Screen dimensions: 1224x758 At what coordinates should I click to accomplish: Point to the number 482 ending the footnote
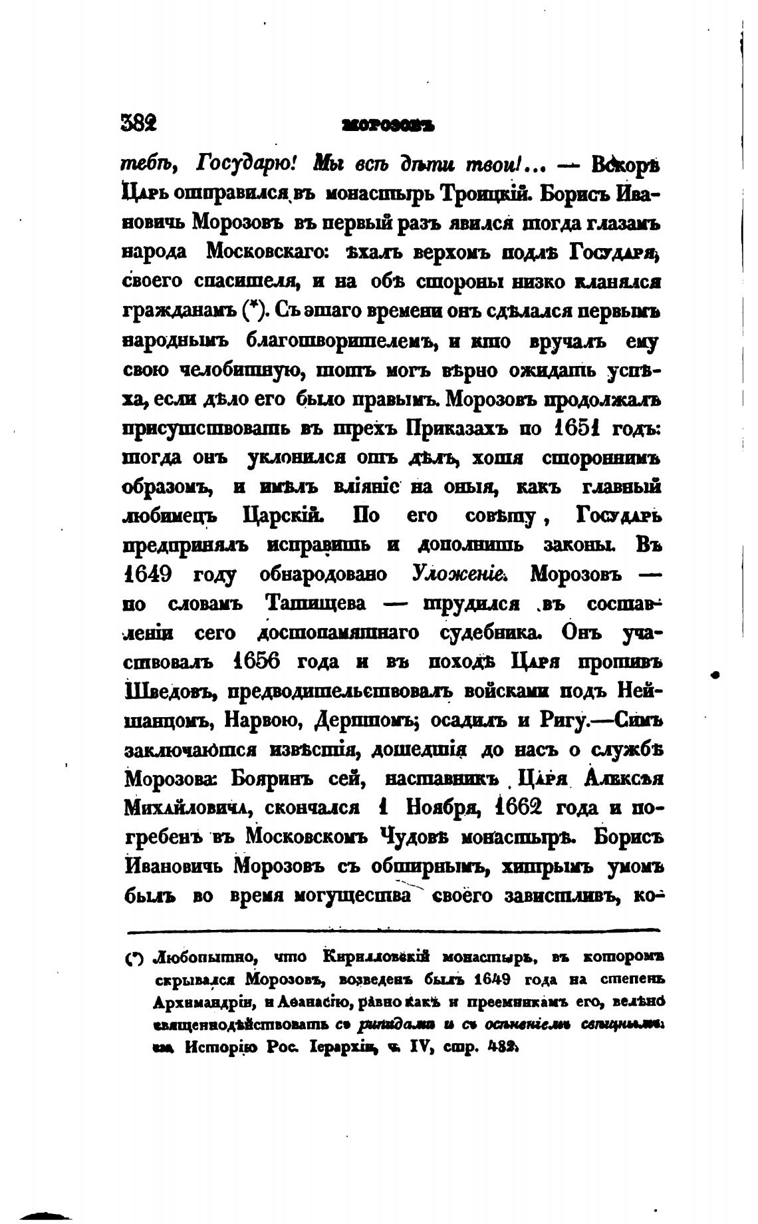coord(503,1046)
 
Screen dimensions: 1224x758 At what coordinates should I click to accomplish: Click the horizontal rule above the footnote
coord(392,930)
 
